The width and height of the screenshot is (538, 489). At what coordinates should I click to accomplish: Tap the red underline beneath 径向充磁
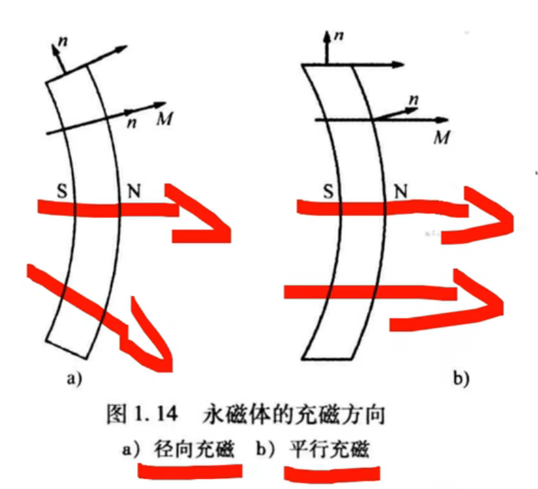tap(190, 470)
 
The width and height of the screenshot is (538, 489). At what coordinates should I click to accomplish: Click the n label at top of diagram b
tap(339, 34)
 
